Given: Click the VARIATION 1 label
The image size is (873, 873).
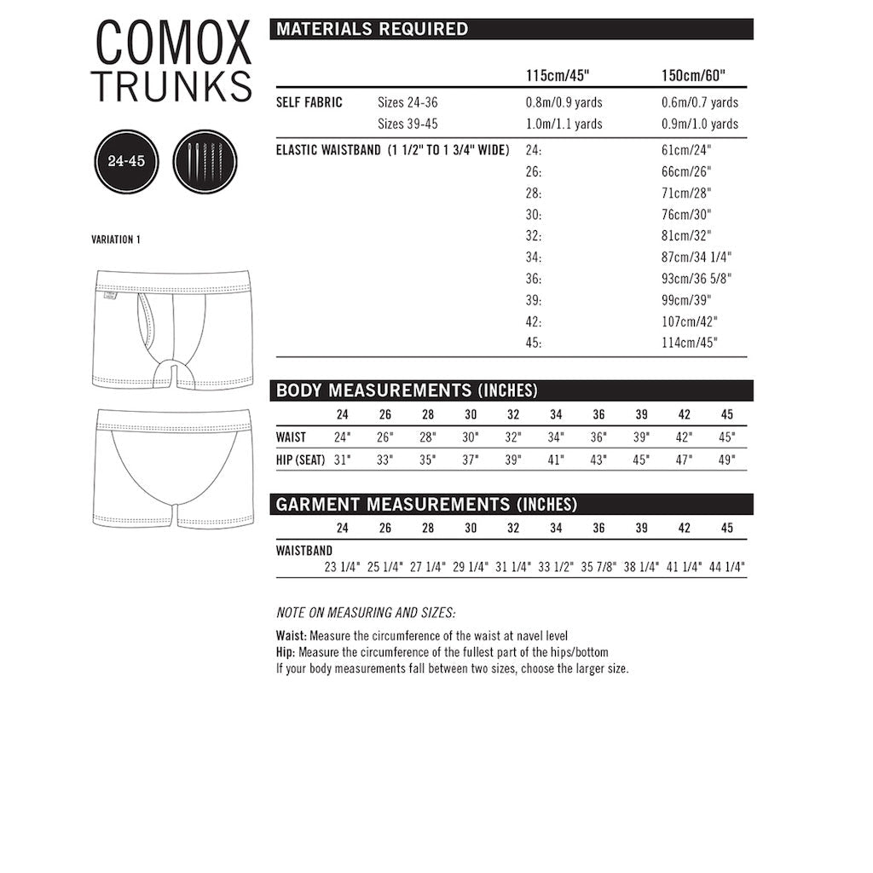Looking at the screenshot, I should click(116, 240).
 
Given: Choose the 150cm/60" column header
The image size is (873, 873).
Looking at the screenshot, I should click(693, 75).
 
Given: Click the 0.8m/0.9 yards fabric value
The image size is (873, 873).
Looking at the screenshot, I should click(564, 102).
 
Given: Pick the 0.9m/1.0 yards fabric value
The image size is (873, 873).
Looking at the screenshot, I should click(700, 124).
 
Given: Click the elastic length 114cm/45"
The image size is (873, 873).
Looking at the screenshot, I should click(690, 343).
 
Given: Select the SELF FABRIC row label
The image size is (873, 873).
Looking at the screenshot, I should click(309, 102).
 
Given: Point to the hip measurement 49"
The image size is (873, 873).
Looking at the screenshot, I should click(726, 460).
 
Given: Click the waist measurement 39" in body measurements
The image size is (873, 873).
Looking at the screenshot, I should click(641, 437).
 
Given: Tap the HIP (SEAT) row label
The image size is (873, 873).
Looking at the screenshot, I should click(301, 460).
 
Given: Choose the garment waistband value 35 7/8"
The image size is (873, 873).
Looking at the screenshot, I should click(598, 567).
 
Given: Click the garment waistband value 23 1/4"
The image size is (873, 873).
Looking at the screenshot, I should click(343, 567).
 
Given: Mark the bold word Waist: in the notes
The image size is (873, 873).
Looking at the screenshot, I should click(292, 636).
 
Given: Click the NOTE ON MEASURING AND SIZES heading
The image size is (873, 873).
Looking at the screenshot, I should click(366, 612).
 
